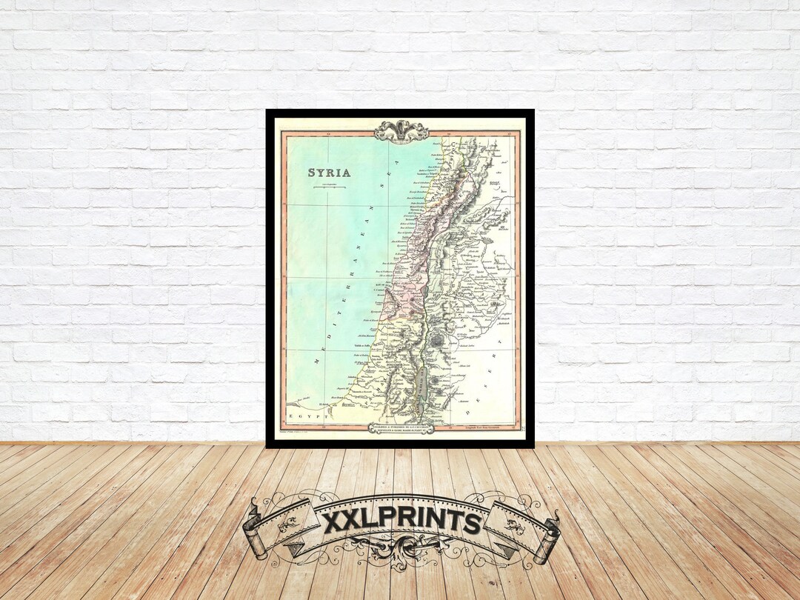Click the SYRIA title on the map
point(330,173)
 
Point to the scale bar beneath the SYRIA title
point(330,188)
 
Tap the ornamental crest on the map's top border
point(401,131)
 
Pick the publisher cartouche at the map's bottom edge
point(400,427)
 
